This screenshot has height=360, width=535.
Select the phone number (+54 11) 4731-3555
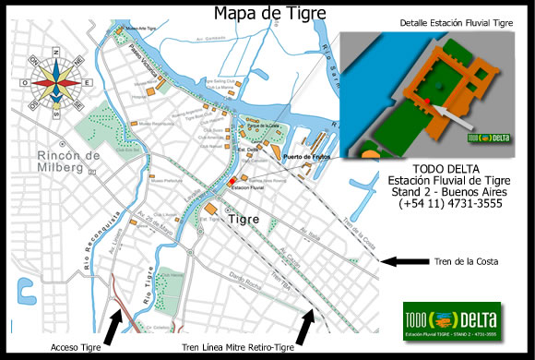click(x=438, y=205)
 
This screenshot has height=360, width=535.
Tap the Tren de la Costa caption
click(x=469, y=263)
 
